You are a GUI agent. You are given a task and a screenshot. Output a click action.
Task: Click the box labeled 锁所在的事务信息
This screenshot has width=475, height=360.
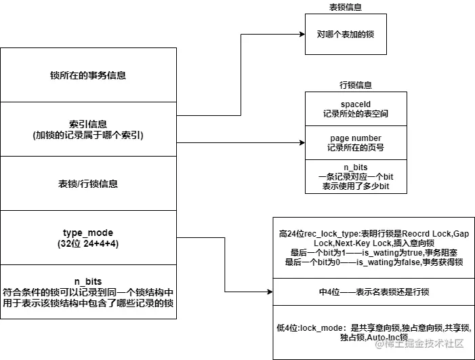coord(88,75)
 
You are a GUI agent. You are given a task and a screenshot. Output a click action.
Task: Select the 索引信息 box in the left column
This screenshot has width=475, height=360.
coord(88,129)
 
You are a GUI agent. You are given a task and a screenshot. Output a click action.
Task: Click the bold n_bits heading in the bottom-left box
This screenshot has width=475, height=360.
coord(88,280)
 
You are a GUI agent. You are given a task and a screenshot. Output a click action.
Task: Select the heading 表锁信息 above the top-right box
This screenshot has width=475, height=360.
coord(346,7)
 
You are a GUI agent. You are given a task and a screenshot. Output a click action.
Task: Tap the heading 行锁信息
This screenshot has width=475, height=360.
coord(355,85)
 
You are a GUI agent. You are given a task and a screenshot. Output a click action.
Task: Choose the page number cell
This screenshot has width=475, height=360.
coord(355,143)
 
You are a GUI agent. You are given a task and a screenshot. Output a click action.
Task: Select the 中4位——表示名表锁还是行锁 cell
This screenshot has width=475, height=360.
coord(374,292)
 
